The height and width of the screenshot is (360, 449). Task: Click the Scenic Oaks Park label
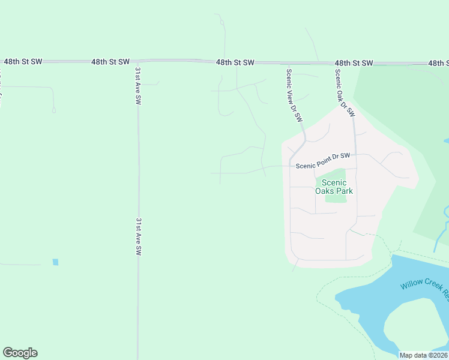tap(334, 187)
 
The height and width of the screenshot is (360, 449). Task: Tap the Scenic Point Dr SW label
tap(322, 157)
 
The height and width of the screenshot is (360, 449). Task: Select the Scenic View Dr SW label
tap(294, 96)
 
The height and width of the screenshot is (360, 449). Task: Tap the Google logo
tap(20, 353)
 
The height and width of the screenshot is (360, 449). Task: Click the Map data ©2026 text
tap(423, 355)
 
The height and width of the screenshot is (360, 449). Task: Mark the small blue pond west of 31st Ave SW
tap(56, 262)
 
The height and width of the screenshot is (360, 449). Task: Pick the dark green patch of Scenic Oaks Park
tap(337, 198)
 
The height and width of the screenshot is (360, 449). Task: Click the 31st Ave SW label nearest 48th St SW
tap(138, 86)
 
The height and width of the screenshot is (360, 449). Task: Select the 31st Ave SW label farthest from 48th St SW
tap(138, 237)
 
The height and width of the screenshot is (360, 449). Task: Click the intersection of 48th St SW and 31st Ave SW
tap(137, 61)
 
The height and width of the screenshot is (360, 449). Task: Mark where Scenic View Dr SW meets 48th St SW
tap(289, 62)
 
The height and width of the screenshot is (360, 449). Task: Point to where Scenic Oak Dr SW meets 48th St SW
tap(335, 63)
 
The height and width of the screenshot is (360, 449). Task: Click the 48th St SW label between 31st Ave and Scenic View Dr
tap(235, 62)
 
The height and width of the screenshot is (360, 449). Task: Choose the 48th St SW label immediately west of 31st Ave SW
tap(110, 62)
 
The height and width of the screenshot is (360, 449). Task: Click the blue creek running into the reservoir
tap(444, 228)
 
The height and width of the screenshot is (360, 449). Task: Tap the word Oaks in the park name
tap(326, 191)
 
